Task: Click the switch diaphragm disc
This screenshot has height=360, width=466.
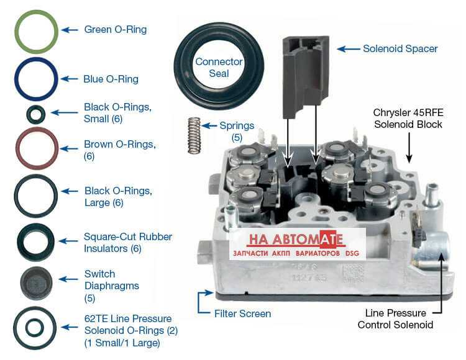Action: [x=36, y=283]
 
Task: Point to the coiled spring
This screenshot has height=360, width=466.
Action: [x=194, y=136]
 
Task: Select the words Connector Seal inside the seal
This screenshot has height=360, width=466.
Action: [x=219, y=68]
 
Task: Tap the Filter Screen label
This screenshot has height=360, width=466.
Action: [x=242, y=313]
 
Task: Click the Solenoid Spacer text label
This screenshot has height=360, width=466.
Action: [x=400, y=48]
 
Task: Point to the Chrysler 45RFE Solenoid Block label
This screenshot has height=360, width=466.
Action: [x=408, y=119]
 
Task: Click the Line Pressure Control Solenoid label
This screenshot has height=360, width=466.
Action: [x=395, y=319]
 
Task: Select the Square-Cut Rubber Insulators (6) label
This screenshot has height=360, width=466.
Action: [x=128, y=243]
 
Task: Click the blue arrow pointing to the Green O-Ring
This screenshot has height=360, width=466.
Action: [x=70, y=30]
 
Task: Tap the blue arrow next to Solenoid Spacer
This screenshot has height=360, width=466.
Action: [x=349, y=48]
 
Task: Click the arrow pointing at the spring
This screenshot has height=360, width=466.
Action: [x=209, y=126]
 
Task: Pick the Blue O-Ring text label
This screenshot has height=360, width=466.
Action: [x=111, y=79]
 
